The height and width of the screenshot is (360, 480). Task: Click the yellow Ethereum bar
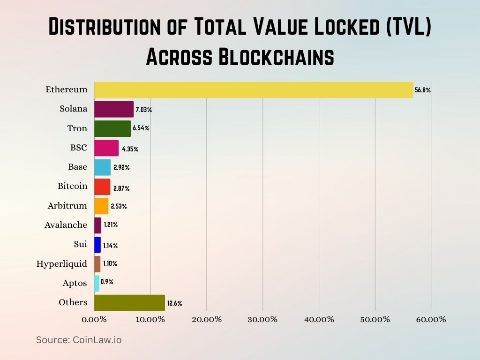(x=253, y=90)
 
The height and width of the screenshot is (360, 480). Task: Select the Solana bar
(x=114, y=109)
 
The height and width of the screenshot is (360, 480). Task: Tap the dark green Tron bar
(x=112, y=128)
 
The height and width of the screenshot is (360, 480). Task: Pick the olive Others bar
(x=129, y=302)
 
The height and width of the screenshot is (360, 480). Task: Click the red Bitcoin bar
(x=102, y=187)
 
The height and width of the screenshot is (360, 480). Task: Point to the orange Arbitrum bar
(x=101, y=206)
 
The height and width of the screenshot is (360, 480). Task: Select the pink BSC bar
(x=106, y=148)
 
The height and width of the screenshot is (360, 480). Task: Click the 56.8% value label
(x=422, y=90)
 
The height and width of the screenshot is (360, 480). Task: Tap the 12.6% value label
(x=175, y=303)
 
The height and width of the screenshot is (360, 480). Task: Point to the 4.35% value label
(x=130, y=149)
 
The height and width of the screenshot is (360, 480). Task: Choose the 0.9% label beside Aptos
(x=107, y=282)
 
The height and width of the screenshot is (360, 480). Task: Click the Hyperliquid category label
(x=62, y=264)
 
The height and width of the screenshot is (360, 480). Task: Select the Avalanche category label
(x=66, y=225)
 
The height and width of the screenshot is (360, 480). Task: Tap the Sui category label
(x=80, y=244)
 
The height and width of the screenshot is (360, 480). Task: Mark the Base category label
(x=77, y=167)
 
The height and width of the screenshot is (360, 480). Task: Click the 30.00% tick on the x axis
(x=262, y=320)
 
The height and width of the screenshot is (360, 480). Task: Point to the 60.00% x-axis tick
(x=431, y=320)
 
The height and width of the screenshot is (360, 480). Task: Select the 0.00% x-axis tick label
(x=95, y=320)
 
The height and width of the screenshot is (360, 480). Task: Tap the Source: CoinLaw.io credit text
(x=79, y=340)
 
